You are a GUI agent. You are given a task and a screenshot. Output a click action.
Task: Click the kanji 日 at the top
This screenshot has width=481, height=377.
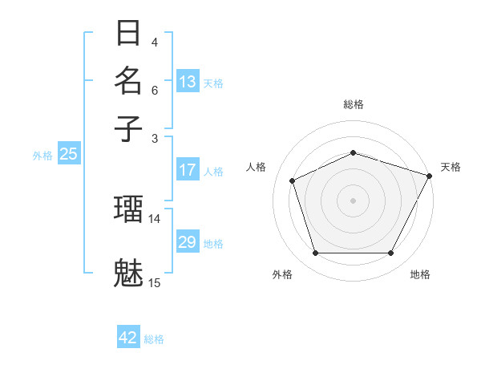point(128,34)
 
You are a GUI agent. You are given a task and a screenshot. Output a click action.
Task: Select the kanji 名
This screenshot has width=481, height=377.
point(128,81)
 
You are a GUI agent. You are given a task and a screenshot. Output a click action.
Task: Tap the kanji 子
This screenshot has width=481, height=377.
point(128,128)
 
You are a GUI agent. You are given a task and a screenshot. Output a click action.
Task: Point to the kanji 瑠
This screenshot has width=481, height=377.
point(128,210)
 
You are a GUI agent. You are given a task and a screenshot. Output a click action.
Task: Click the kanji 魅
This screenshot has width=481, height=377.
point(128,273)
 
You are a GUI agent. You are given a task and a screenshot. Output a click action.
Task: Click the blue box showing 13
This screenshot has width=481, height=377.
point(188,82)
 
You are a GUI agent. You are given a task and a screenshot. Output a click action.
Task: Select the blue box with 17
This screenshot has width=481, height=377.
point(188,170)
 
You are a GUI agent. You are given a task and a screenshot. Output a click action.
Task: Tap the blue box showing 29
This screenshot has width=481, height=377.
point(188,242)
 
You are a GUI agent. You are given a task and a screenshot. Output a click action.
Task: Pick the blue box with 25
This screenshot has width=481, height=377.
point(68,155)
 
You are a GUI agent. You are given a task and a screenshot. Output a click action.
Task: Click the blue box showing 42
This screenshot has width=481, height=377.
point(128,338)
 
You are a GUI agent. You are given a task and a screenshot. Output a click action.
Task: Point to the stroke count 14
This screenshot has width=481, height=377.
point(154,218)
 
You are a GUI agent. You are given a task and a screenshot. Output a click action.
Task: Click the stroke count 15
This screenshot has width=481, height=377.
point(154,282)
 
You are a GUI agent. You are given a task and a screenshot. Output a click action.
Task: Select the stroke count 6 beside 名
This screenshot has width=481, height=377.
point(155,90)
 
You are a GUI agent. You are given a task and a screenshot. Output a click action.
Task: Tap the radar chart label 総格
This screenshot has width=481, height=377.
point(353,104)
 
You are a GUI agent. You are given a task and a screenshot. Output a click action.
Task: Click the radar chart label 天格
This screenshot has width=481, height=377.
point(451,167)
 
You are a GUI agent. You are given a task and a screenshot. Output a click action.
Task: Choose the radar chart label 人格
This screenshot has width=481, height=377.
point(256,167)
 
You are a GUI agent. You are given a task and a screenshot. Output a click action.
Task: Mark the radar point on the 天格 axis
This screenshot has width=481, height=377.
point(430,176)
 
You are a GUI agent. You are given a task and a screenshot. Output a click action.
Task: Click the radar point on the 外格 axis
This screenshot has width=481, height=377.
point(315,253)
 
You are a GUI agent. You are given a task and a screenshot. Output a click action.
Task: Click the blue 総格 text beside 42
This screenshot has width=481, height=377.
point(154,339)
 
